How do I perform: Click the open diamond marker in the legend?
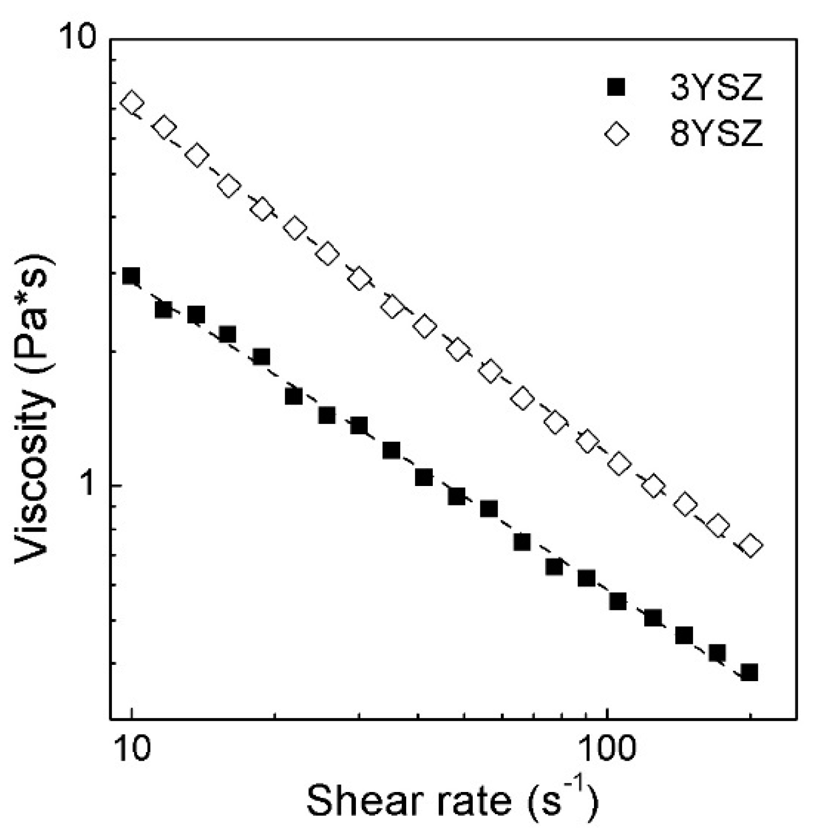[617, 134]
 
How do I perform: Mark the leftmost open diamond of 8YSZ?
[133, 102]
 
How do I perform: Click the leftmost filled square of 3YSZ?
[131, 276]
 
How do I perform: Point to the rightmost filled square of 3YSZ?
[749, 673]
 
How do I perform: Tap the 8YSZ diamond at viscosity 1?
[653, 486]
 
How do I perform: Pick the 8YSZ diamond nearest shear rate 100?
[619, 464]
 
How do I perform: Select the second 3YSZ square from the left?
[163, 310]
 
